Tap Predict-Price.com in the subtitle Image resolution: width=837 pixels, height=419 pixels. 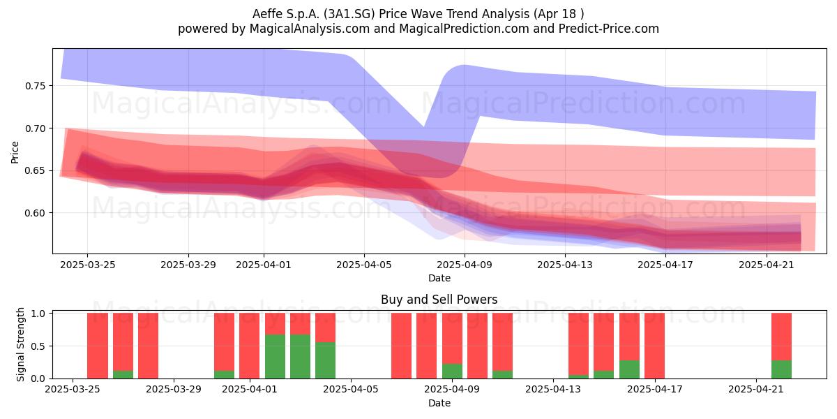point(609,29)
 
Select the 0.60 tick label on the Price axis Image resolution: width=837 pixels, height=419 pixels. point(35,213)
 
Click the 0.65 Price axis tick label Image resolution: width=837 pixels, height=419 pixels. point(35,171)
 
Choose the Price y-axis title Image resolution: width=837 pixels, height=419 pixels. point(15,152)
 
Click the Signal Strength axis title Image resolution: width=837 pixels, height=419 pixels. point(20,344)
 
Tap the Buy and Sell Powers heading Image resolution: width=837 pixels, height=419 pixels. point(439,300)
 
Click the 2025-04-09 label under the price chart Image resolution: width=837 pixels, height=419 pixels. point(465,265)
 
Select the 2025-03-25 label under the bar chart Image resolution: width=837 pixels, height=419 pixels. point(73,390)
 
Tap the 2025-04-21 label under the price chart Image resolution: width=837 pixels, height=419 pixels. point(767,265)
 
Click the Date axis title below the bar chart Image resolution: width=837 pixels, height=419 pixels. point(439,403)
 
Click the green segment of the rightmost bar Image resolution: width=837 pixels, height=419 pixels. point(781,369)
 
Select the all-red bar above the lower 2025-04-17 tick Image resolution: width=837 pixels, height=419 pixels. point(655,346)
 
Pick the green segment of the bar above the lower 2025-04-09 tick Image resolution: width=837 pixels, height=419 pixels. point(452,371)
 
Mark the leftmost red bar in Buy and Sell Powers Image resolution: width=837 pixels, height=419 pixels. point(98,346)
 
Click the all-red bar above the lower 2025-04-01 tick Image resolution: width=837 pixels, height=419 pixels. point(249,346)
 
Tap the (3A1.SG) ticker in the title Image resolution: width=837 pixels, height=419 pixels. point(349,14)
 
